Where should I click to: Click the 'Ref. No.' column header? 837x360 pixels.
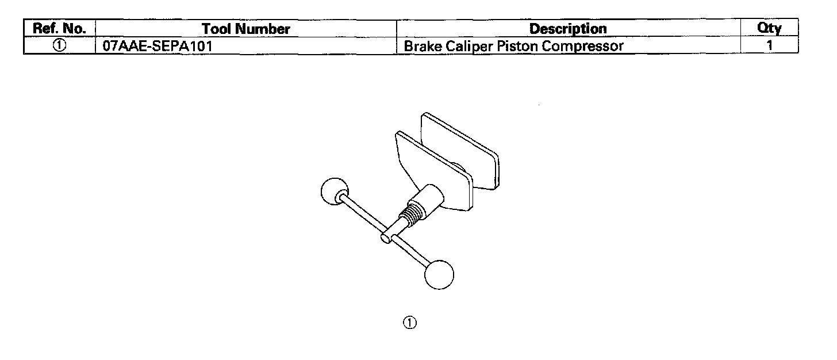point(59,28)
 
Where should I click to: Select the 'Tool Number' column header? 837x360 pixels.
point(245,28)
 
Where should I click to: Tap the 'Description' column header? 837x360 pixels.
point(567,28)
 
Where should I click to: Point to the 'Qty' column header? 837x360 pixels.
point(769,28)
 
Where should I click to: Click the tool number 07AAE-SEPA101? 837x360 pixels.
point(154,46)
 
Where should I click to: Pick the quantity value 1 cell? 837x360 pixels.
point(769,46)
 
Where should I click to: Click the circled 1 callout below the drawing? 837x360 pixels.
point(409,323)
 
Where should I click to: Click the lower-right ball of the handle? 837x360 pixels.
point(439,274)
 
